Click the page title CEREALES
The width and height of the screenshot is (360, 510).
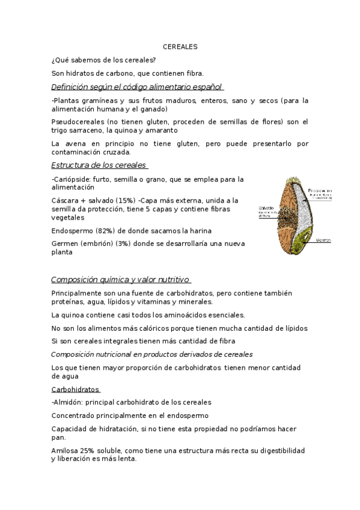[x=180, y=46]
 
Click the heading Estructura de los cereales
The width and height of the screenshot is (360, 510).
[x=99, y=165]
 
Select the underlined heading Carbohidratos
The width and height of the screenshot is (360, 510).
[x=76, y=389]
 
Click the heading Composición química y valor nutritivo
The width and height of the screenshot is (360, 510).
[x=120, y=280]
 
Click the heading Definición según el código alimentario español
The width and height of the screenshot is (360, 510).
[x=137, y=86]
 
